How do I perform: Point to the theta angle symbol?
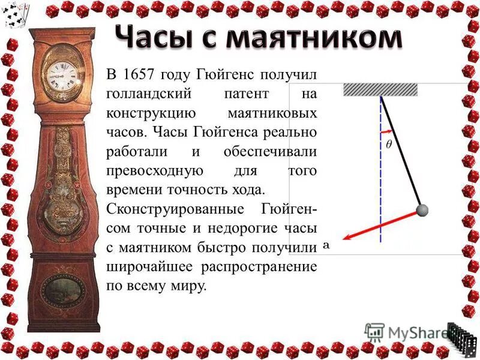click(x=389, y=145)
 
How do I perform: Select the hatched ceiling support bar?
click(x=380, y=90)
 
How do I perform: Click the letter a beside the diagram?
click(x=327, y=245)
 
